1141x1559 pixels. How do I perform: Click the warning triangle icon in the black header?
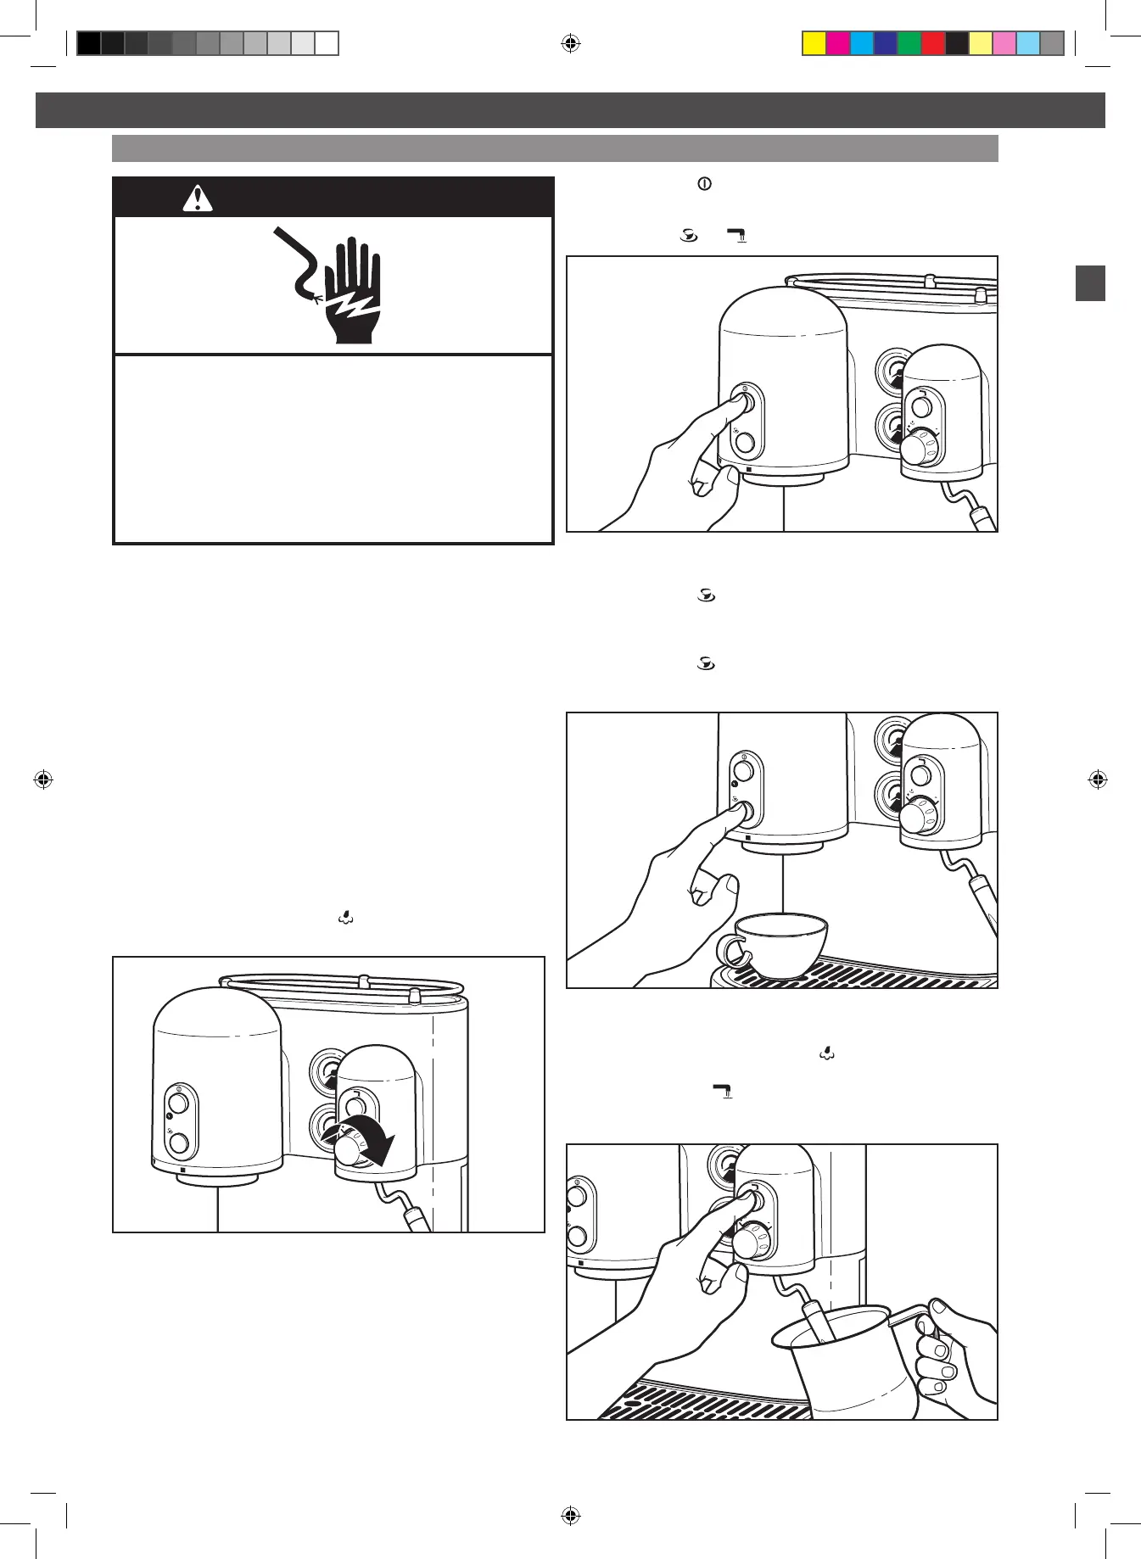click(198, 199)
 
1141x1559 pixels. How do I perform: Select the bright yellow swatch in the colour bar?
click(814, 43)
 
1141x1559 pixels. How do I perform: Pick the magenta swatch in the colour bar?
click(838, 43)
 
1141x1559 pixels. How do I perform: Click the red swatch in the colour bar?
click(933, 43)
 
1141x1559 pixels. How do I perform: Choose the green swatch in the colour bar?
click(909, 43)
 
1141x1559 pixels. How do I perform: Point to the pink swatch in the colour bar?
click(1004, 43)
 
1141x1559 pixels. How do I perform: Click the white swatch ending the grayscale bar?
click(327, 43)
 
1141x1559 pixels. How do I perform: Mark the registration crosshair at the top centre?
click(571, 43)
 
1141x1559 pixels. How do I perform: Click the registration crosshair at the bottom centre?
click(571, 1515)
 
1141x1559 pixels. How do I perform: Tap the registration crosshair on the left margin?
click(43, 779)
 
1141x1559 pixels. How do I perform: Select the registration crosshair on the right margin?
click(1098, 779)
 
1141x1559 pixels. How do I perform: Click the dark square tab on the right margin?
click(1090, 283)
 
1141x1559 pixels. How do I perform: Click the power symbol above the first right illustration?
click(703, 183)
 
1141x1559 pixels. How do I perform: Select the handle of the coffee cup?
click(730, 952)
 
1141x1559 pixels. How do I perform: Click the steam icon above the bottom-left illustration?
click(346, 917)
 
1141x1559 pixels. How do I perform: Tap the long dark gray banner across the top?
click(570, 110)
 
